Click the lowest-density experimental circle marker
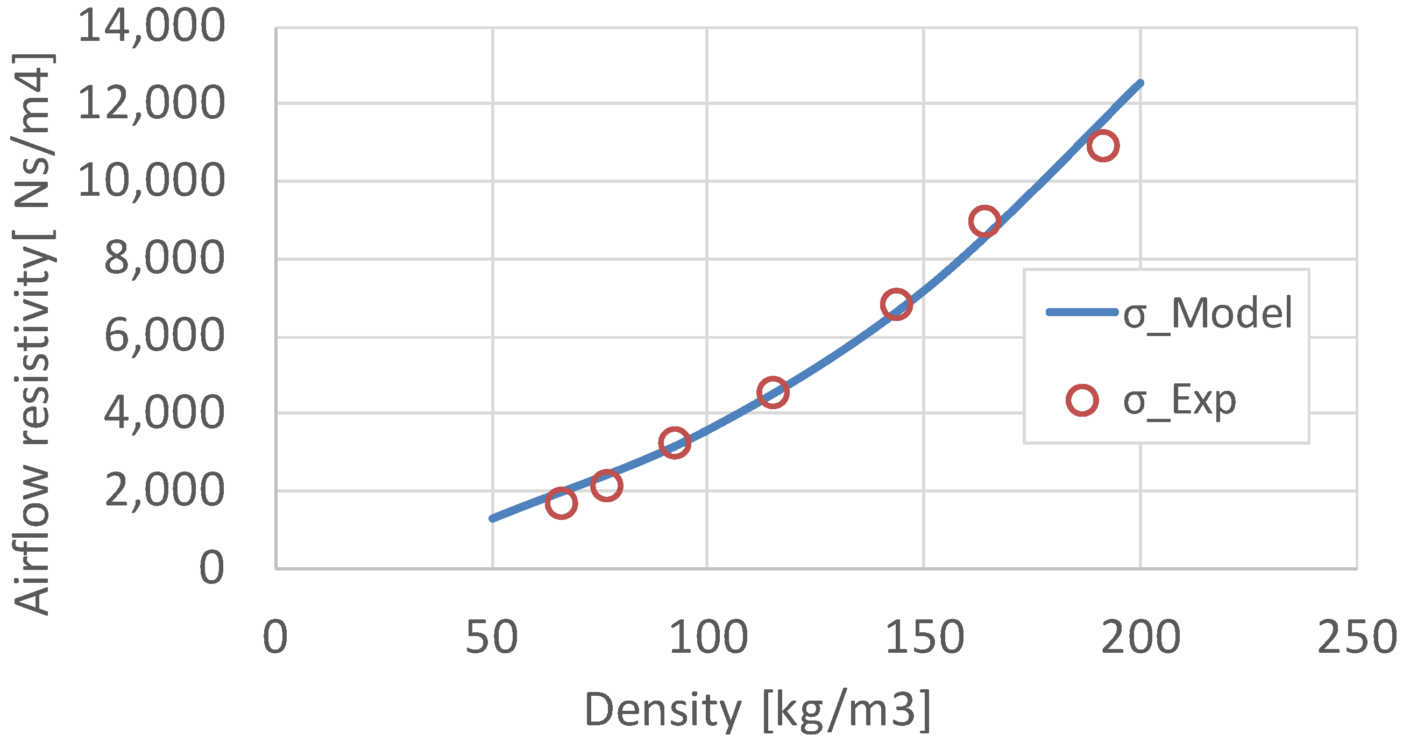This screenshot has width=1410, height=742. pos(561,503)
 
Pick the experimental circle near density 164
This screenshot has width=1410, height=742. pos(984,222)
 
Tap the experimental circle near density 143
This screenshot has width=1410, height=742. pos(897,304)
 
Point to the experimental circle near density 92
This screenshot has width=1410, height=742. pos(675,443)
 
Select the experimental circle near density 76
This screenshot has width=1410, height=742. pos(606,485)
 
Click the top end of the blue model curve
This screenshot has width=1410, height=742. pos(1140,83)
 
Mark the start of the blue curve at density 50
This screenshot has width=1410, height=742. pos(493,518)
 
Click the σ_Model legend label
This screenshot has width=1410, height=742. pos(1208,313)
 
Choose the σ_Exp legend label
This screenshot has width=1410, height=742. pos(1180,401)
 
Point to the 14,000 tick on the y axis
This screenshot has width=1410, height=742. pos(151,26)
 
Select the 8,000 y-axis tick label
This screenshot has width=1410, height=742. pos(164,258)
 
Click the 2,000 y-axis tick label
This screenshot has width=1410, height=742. pos(164,490)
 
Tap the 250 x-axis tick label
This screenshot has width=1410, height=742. pos(1357,638)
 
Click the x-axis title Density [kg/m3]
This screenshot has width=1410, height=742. pos(757,710)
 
